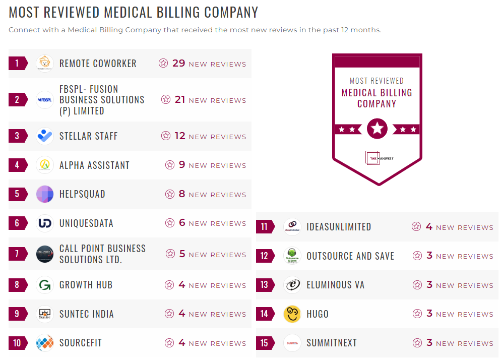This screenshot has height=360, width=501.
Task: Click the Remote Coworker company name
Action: coord(98,64)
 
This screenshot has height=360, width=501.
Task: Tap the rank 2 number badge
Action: coord(17,100)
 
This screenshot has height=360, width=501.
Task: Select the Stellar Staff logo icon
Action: coord(45,136)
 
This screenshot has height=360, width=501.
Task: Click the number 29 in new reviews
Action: coord(179,64)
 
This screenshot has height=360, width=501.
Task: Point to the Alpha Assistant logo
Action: coord(45,165)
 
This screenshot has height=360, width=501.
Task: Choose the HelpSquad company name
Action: coord(82,194)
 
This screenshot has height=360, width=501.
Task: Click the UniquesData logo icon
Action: coord(45,223)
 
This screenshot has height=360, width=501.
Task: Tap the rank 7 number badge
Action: coord(17,254)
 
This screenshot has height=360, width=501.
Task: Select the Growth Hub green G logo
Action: coord(45,285)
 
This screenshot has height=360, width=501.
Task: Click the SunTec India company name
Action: coord(87,314)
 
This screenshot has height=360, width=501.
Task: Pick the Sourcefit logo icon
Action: coord(45,343)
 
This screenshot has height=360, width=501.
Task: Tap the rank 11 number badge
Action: coord(264,227)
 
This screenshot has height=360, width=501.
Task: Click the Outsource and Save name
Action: coord(350,256)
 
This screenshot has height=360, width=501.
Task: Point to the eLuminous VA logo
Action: coord(292,285)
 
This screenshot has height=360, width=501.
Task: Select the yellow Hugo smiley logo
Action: coord(292,314)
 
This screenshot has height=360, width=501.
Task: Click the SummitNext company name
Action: coord(332,343)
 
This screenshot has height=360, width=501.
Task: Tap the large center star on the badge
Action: coord(377,129)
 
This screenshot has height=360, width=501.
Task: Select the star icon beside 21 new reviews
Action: coord(166,100)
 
